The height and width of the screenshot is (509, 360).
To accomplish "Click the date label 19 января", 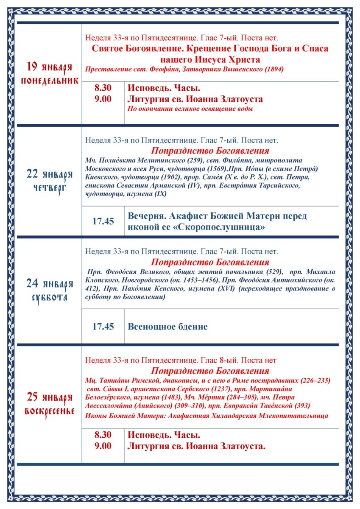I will tap(50, 67).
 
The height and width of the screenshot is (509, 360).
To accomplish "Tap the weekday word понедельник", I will tap(50, 81).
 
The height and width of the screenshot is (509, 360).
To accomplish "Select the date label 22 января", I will tap(50, 174).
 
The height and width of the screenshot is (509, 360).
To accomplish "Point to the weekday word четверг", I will tap(50, 188).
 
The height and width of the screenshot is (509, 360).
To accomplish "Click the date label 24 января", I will tap(50, 283).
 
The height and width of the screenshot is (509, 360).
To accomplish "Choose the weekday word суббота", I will tap(50, 297).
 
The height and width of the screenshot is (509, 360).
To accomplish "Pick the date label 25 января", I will tap(50, 397).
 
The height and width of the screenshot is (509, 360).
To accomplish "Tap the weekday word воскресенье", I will tap(50, 411).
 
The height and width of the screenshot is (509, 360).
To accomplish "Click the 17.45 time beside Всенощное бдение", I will tap(103, 327).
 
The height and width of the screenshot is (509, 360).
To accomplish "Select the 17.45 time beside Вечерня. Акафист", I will tap(103, 221).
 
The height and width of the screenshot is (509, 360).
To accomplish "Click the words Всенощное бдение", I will tap(168, 327).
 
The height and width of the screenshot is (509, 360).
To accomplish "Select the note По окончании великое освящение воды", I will tap(190, 109).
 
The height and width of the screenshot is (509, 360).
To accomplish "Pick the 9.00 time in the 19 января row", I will tap(103, 99).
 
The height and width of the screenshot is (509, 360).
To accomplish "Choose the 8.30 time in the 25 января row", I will tap(103, 435).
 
